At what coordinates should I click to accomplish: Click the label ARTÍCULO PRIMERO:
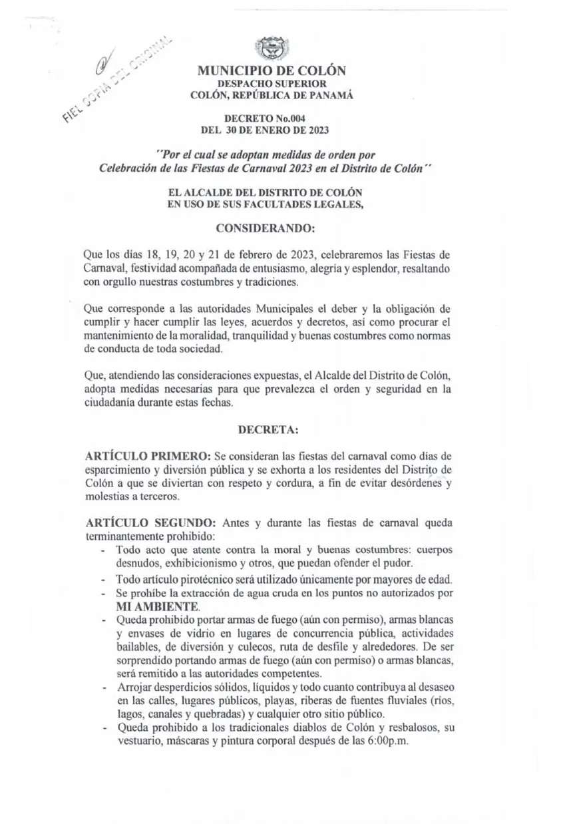(x=148, y=456)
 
